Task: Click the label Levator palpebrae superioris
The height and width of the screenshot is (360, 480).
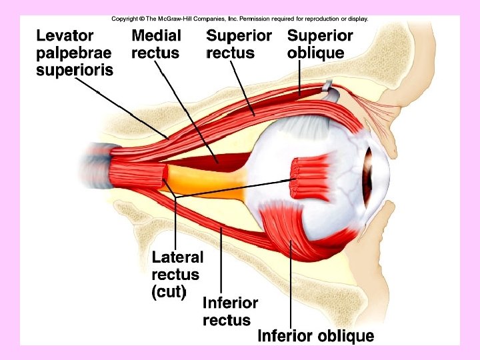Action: (74, 52)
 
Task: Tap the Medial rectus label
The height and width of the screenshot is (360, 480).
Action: (156, 44)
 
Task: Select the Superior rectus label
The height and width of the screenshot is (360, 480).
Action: (239, 44)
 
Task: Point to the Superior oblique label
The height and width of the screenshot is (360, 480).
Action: (320, 44)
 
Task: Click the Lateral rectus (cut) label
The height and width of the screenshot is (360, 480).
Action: (177, 274)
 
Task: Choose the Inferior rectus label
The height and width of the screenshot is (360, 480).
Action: (229, 311)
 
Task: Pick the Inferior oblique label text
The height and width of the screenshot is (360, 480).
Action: (315, 336)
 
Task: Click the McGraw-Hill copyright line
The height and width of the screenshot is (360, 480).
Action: (239, 19)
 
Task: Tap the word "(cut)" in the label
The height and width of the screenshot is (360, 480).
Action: (169, 291)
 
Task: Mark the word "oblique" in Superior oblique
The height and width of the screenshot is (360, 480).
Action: (316, 53)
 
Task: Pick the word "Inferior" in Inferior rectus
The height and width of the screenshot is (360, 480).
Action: (229, 303)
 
